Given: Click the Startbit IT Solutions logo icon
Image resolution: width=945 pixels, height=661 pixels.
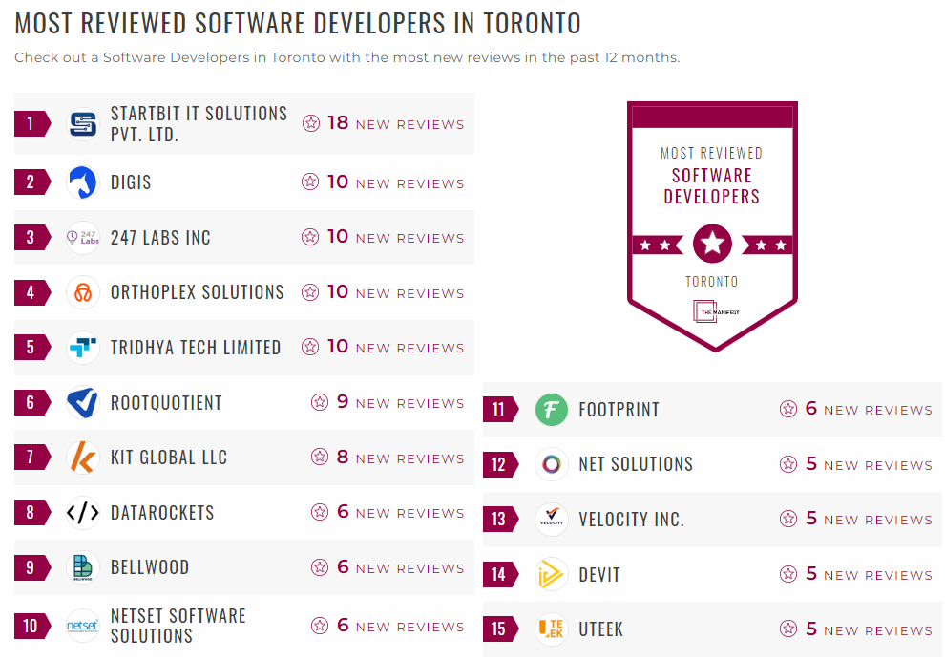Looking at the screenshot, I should [x=83, y=124].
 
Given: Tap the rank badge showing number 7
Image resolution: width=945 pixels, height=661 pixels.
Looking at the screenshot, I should [x=31, y=458].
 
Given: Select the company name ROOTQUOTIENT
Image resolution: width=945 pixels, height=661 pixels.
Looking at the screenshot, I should [x=166, y=403].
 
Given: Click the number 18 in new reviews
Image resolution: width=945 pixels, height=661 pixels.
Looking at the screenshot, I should [x=338, y=123].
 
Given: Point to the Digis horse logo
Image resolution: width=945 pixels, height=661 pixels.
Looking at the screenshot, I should [x=83, y=182].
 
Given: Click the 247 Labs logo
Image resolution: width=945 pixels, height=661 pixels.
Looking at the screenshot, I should [x=83, y=238].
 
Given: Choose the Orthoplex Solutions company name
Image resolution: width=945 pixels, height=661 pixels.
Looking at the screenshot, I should [x=197, y=292].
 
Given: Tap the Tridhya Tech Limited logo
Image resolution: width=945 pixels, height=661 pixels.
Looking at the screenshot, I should [x=83, y=348].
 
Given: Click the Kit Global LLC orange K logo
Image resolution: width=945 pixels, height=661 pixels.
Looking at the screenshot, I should [x=83, y=458].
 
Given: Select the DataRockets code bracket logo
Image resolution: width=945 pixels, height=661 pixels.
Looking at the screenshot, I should [x=83, y=513].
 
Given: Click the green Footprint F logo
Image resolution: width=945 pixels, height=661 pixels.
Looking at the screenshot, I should [x=552, y=410].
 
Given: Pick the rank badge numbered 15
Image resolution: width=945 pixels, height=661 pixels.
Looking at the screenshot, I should [x=498, y=629].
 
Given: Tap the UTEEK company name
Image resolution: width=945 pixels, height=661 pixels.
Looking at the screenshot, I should [x=601, y=629].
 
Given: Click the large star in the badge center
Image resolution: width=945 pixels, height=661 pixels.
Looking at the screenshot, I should [x=712, y=244].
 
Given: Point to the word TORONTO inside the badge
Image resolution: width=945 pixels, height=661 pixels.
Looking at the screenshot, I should [x=712, y=282].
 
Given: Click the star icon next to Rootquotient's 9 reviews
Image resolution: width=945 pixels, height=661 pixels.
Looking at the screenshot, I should [x=320, y=403].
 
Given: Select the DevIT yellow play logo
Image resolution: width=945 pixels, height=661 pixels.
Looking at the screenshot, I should [x=552, y=575].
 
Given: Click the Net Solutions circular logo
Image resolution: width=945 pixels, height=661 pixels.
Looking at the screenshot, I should [x=552, y=464].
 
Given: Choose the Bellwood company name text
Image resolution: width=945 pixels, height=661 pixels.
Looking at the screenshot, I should [x=150, y=567].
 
